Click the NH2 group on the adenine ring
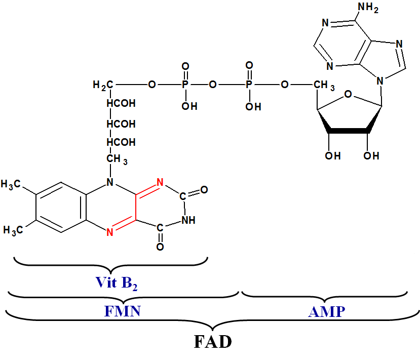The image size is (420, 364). [x=368, y=8]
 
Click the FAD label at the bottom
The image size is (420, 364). [x=213, y=342]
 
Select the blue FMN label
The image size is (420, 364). [x=123, y=311]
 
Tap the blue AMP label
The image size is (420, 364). [x=326, y=312]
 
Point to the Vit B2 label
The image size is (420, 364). [x=117, y=284]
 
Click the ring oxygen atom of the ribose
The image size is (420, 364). [x=348, y=94]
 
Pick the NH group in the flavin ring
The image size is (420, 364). [x=188, y=220]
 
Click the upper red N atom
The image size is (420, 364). [x=160, y=182]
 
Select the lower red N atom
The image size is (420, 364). [x=110, y=232]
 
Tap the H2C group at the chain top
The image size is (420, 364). [x=103, y=85]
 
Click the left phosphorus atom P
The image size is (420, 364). [x=185, y=85]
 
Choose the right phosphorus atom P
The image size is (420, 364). [x=249, y=85]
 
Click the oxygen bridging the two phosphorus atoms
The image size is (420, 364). [x=213, y=85]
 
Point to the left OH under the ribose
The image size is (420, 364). [x=333, y=156]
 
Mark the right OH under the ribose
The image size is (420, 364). [x=371, y=156]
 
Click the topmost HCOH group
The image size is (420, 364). [x=121, y=103]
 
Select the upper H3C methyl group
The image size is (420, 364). [x=11, y=184]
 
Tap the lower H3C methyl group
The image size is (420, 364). [x=13, y=230]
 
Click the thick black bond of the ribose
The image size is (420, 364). [x=348, y=131]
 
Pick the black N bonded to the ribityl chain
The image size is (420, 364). [x=110, y=182]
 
